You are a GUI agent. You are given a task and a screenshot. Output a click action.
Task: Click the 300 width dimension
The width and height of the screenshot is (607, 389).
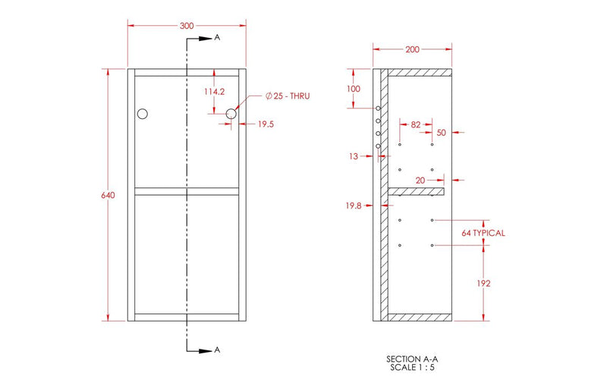point(186,25)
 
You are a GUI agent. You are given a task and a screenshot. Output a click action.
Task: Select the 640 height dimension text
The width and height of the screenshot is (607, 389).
point(108,196)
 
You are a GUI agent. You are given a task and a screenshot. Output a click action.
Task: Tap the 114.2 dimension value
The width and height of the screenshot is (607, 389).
point(215,91)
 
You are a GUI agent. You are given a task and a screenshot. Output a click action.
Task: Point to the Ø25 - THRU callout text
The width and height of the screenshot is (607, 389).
point(288,96)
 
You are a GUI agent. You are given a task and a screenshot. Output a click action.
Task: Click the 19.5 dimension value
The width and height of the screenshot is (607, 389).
point(266,124)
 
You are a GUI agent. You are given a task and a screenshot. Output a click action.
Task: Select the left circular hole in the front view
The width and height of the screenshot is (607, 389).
point(142,114)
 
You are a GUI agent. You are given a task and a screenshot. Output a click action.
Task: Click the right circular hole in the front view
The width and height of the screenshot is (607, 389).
point(231,114)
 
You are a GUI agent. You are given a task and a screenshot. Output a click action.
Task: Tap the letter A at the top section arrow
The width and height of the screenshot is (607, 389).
point(217,36)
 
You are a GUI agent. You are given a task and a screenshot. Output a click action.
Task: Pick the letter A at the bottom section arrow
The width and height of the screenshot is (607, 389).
point(217,350)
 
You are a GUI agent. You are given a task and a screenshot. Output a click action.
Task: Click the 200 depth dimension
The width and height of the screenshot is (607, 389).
point(412,50)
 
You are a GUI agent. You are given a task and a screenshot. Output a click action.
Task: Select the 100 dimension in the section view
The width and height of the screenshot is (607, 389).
point(354,89)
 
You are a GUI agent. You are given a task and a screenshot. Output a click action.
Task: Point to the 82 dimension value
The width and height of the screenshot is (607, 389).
point(416,123)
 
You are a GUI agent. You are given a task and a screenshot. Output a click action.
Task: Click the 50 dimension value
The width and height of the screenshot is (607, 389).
point(442,133)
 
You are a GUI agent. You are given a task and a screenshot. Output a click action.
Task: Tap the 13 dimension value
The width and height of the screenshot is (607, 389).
point(353,156)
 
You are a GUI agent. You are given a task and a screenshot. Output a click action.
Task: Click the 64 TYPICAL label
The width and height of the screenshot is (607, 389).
point(483,233)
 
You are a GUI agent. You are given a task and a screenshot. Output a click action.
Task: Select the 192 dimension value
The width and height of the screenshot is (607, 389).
point(484,283)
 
